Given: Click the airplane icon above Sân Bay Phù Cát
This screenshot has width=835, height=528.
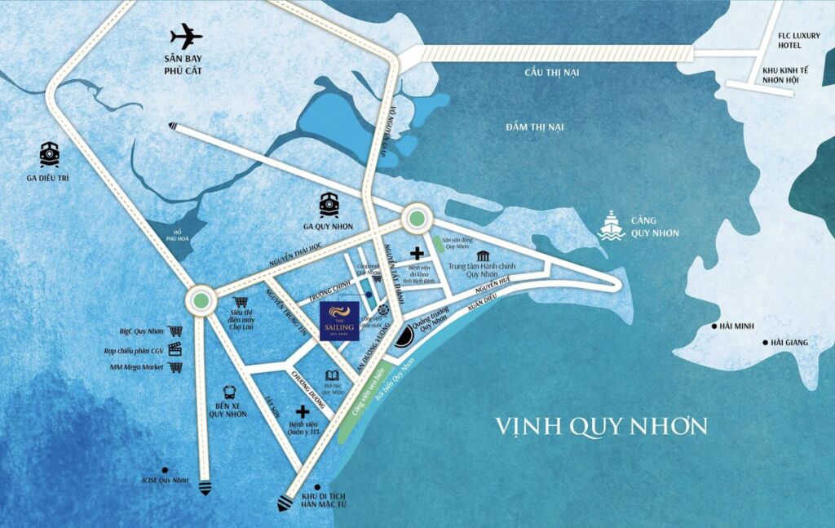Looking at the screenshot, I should [186, 37].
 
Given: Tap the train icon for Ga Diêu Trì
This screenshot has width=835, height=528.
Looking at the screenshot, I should [50, 153].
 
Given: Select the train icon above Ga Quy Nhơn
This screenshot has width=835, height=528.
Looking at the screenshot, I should [329, 203].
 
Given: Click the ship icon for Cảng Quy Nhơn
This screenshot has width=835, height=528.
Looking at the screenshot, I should [611, 224].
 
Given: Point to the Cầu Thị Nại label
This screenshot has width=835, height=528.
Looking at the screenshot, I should [551, 73].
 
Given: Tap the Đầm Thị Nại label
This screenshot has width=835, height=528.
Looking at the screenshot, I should [534, 127].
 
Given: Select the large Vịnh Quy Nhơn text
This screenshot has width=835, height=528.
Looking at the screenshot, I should [603, 426].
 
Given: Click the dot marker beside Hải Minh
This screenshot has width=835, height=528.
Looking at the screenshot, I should [715, 326].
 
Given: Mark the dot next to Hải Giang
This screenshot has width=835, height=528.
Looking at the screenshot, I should [765, 342].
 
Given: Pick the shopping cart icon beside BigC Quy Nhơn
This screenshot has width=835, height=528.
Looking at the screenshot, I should [175, 331].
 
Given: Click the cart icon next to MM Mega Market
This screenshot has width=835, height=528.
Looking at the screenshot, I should [175, 367].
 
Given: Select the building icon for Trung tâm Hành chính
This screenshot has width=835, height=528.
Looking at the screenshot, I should [484, 257].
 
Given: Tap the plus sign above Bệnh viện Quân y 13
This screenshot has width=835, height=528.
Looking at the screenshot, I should [303, 412].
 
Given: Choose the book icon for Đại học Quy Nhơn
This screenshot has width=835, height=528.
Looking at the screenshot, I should [331, 375].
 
